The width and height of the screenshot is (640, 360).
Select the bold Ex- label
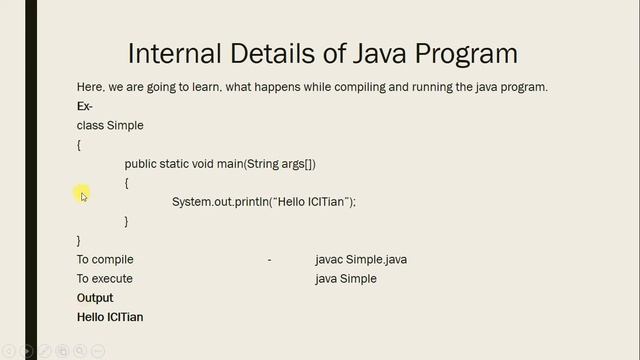coord(85,106)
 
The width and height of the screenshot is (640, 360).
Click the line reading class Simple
coord(110,125)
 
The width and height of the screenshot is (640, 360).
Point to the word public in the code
coord(141,163)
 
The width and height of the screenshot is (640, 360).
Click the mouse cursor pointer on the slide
coord(84,196)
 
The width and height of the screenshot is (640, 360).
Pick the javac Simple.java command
coord(360,260)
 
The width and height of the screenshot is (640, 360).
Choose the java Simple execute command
coord(345,279)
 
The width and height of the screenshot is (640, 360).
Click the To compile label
coord(105,260)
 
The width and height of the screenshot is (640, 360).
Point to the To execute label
coord(105,279)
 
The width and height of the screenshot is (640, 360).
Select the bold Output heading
coord(95,298)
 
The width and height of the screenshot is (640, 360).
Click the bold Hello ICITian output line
coord(110,317)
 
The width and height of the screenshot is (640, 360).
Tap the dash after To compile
coord(269,260)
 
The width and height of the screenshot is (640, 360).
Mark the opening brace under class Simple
coord(79,145)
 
